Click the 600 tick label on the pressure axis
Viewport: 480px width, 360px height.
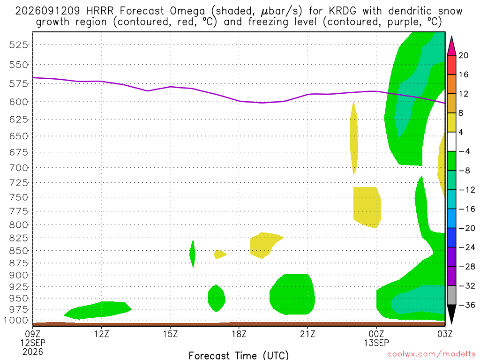pyautogui.click(x=19, y=102)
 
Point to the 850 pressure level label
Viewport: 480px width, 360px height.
pyautogui.click(x=19, y=251)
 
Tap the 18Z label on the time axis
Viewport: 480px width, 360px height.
pyautogui.click(x=239, y=334)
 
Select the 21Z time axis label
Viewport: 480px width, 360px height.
pyautogui.click(x=307, y=334)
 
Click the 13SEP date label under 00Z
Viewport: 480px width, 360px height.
pyautogui.click(x=376, y=343)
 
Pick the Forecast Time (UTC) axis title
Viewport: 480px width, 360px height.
pyautogui.click(x=239, y=355)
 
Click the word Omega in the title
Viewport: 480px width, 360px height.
pyautogui.click(x=187, y=11)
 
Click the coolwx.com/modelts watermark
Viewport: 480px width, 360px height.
pyautogui.click(x=431, y=354)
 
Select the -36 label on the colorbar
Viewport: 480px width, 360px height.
pyautogui.click(x=467, y=305)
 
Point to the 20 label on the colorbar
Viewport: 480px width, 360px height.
pyautogui.click(x=464, y=55)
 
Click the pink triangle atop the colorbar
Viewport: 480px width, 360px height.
pyautogui.click(x=451, y=46)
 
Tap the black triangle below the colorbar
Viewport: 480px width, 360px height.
pyautogui.click(x=451, y=314)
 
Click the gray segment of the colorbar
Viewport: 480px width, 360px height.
pyautogui.click(x=451, y=295)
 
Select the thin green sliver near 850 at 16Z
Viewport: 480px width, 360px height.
pyautogui.click(x=193, y=254)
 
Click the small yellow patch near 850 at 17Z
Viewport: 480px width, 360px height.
pyautogui.click(x=219, y=254)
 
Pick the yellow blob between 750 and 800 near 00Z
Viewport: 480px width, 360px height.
pyautogui.click(x=367, y=207)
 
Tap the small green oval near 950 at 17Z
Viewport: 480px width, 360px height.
pyautogui.click(x=217, y=299)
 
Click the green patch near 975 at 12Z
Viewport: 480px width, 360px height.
pyautogui.click(x=98, y=310)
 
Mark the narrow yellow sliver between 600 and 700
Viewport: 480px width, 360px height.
pyautogui.click(x=354, y=138)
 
